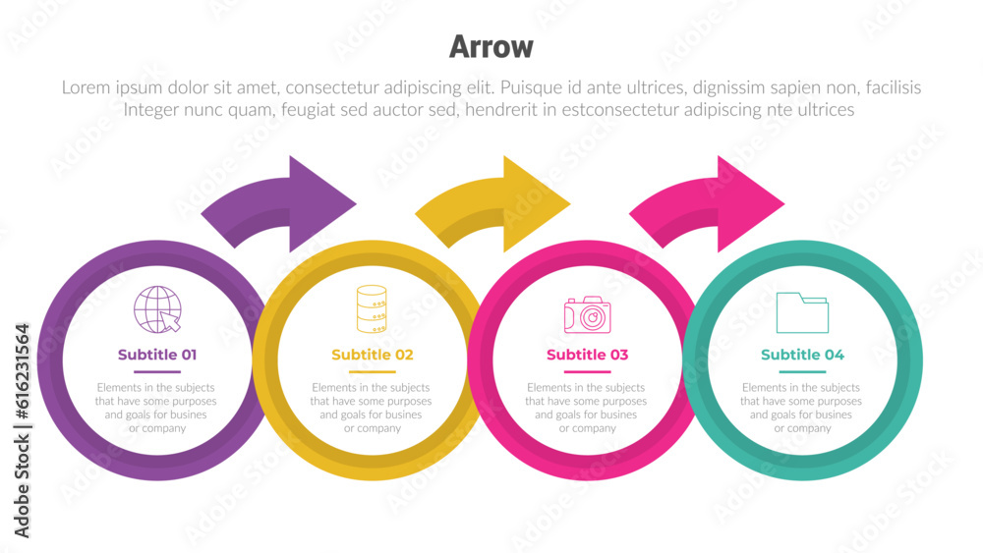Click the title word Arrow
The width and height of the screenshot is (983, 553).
[491, 46]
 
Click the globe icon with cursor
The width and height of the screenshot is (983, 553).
[157, 308]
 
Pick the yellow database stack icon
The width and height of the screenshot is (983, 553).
[372, 308]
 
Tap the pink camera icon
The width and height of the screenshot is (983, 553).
[587, 314]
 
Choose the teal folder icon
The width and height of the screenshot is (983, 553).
[801, 312]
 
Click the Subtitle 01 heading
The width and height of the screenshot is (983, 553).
[157, 355]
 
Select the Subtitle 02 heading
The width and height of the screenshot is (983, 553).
[372, 355]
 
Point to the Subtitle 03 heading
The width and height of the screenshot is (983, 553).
[587, 355]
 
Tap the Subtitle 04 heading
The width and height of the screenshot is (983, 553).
[802, 355]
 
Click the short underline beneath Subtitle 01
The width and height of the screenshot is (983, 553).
[157, 372]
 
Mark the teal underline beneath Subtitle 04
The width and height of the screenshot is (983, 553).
[802, 372]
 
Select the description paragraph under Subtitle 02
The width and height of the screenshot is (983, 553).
[372, 408]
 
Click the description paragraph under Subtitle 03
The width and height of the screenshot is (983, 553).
[587, 408]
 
